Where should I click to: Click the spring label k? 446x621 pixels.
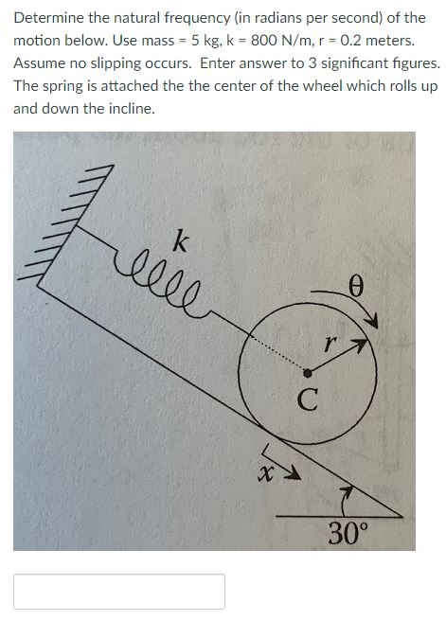[x=179, y=241]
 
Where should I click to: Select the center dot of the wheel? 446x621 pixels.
[x=307, y=372]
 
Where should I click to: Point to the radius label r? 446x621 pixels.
[x=328, y=346]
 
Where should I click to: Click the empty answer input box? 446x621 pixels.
[x=119, y=591]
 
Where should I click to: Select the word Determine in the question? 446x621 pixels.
[x=48, y=18]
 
